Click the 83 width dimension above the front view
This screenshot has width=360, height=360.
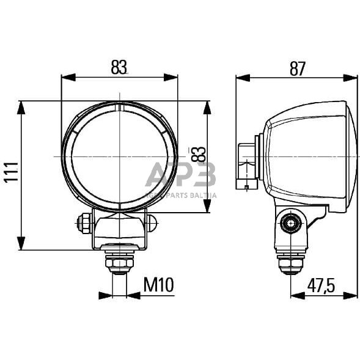(120, 68)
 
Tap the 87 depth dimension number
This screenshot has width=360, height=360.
(297, 69)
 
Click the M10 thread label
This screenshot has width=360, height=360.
(159, 284)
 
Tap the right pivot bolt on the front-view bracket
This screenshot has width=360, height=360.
(152, 223)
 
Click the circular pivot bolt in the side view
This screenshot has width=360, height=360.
(291, 224)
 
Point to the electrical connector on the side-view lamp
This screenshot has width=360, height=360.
(247, 165)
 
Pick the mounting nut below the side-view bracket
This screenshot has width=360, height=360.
(291, 263)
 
